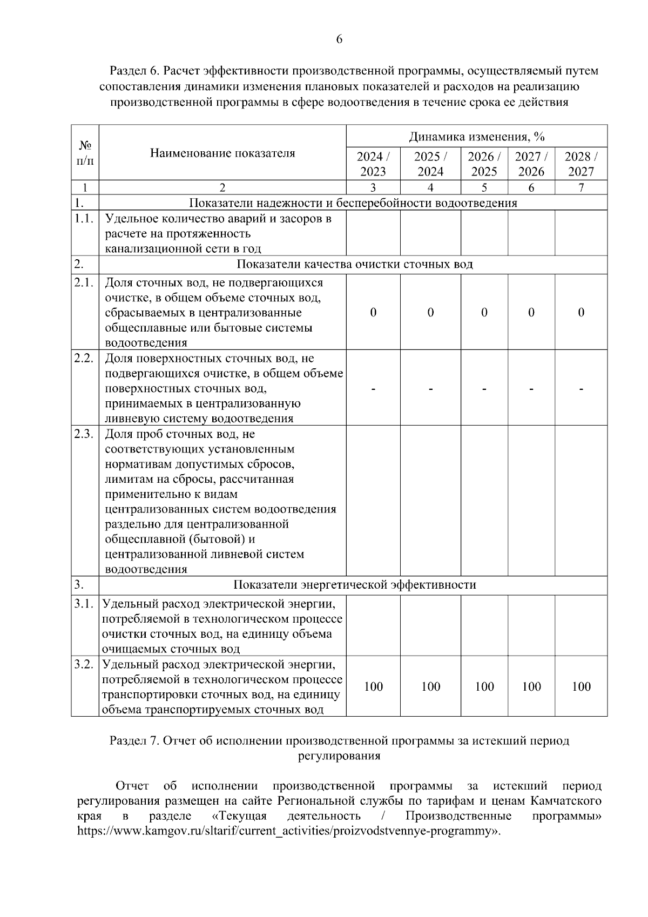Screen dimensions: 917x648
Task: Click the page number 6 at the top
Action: [x=339, y=39]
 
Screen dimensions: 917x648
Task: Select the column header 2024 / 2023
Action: [x=373, y=164]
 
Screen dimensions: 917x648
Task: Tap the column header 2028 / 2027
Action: [x=581, y=164]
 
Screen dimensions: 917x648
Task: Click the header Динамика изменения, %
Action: [x=476, y=136]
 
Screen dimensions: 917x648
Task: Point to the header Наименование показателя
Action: [x=222, y=153]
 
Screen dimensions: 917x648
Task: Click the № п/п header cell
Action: [x=85, y=153]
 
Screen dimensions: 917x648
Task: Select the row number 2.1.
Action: [x=85, y=283]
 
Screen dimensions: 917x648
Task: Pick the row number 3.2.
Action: [x=85, y=664]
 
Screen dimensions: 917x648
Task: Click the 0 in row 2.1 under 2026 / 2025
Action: [x=484, y=313]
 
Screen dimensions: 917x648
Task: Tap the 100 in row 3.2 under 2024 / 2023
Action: [x=373, y=686]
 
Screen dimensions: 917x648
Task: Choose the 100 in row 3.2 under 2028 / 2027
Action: [x=581, y=686]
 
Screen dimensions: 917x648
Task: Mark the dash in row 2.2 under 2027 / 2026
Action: [x=531, y=388]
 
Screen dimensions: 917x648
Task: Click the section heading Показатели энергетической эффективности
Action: [x=354, y=585]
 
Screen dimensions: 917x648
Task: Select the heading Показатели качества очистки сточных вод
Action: [x=354, y=264]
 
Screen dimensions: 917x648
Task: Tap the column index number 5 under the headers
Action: [x=484, y=188]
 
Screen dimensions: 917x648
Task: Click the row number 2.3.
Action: [x=85, y=434]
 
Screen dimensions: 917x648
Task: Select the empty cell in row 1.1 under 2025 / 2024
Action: [x=430, y=233]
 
